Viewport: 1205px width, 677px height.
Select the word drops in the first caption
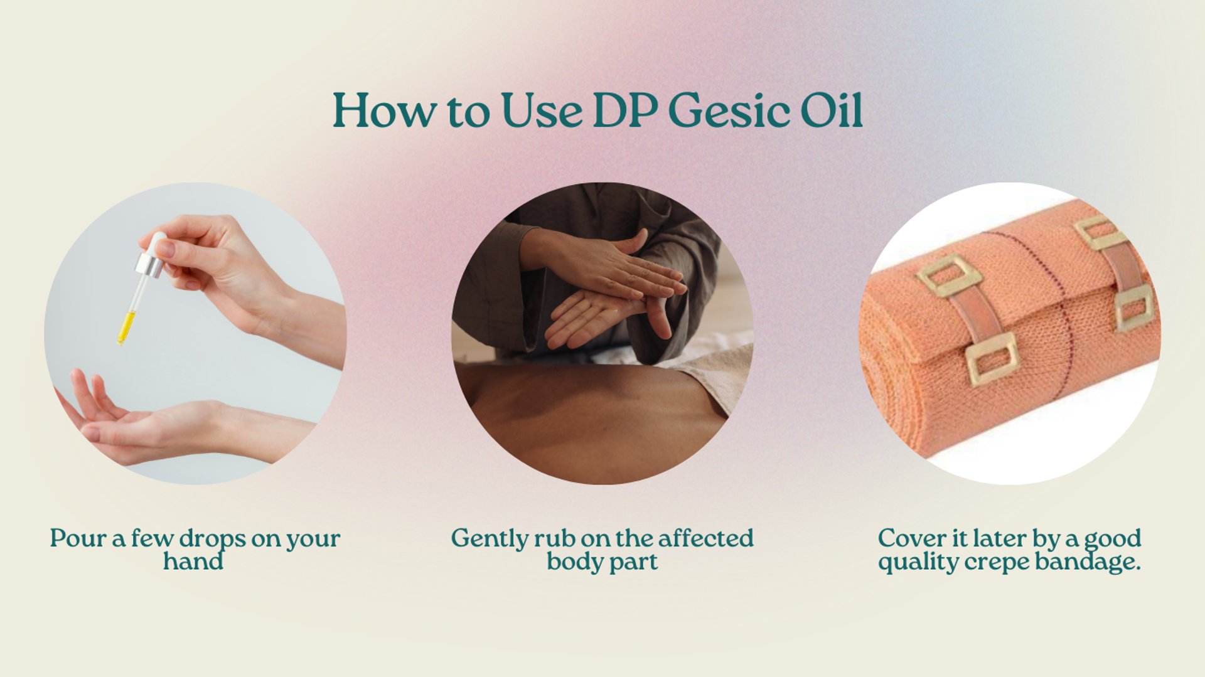(212, 540)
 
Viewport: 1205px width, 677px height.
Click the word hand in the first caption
(193, 561)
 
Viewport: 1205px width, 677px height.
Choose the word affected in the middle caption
(705, 538)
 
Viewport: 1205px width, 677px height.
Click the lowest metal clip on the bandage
(992, 359)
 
